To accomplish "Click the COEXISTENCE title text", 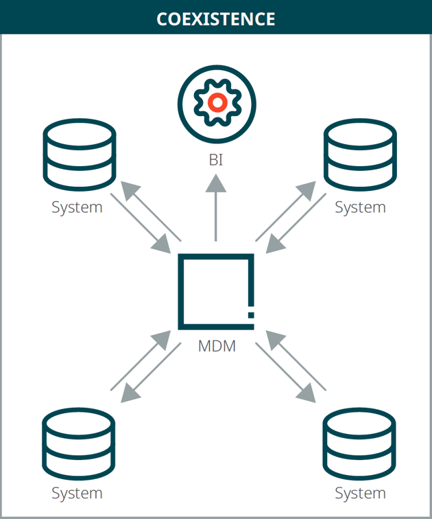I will click(x=216, y=19).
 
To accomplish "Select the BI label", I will click(x=216, y=161).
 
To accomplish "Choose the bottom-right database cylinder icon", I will click(x=359, y=443).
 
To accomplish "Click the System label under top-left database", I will click(x=77, y=207).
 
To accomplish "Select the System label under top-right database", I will click(x=360, y=207).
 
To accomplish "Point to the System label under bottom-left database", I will click(x=77, y=493).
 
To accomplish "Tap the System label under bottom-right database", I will click(x=360, y=493).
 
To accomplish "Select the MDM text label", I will click(x=217, y=346).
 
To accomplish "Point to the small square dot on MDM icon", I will click(x=251, y=314).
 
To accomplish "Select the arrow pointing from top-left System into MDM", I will click(x=141, y=223).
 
